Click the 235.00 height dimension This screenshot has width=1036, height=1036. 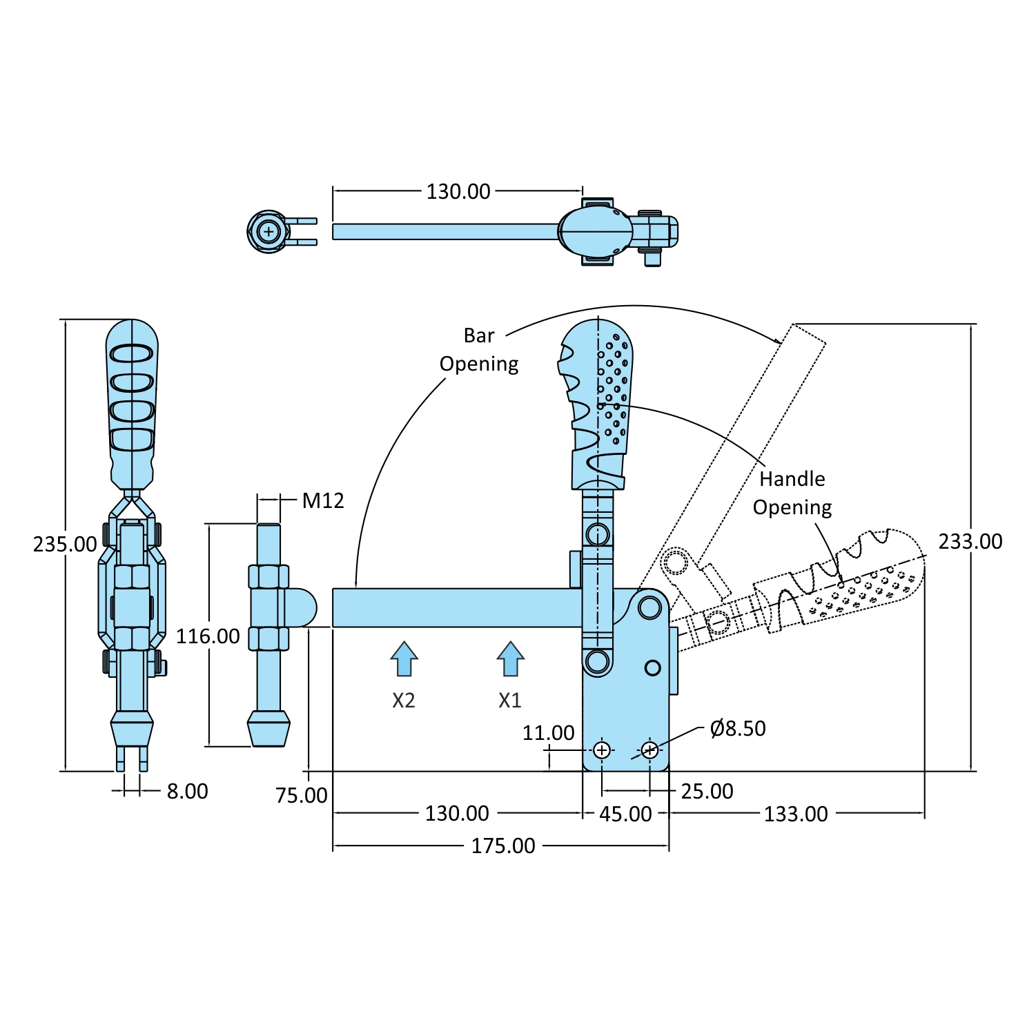(x=65, y=544)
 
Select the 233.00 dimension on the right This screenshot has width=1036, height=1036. (x=970, y=541)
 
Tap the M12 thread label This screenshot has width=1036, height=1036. (x=322, y=500)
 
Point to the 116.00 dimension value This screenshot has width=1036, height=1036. (x=208, y=636)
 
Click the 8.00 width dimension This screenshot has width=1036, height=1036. (x=187, y=791)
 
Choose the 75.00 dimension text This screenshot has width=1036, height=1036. (x=302, y=795)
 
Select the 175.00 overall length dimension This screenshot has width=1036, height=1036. (x=502, y=846)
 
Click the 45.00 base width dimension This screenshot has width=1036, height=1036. (x=625, y=814)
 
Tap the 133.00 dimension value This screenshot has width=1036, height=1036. (x=795, y=814)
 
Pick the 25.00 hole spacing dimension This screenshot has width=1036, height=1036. (x=707, y=791)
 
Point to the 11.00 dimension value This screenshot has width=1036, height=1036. (x=548, y=732)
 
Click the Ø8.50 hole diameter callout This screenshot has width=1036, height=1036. (x=737, y=728)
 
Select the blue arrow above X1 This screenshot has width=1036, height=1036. (x=510, y=658)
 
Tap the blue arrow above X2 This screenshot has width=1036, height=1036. (x=404, y=658)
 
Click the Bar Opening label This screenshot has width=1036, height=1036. (x=479, y=349)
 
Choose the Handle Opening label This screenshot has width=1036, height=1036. (x=792, y=493)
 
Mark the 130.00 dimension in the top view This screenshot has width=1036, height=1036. (x=458, y=191)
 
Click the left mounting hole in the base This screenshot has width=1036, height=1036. (x=602, y=750)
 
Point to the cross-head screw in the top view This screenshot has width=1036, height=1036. (x=268, y=232)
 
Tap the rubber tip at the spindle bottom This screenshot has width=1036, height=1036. (x=268, y=730)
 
